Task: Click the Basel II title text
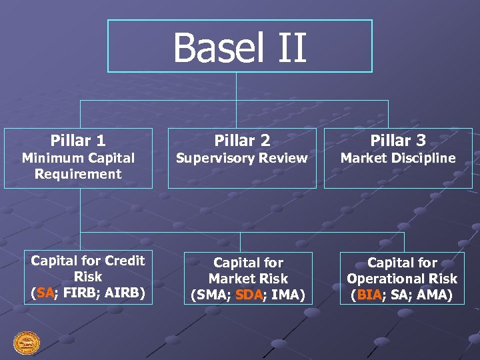pyautogui.click(x=239, y=47)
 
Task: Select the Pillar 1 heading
pyautogui.click(x=78, y=141)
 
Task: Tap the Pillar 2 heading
pyautogui.click(x=242, y=141)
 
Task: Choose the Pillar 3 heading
pyautogui.click(x=398, y=141)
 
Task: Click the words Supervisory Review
pyautogui.click(x=242, y=159)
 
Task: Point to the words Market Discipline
pyautogui.click(x=398, y=159)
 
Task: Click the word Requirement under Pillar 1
pyautogui.click(x=78, y=175)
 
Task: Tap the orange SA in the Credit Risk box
pyautogui.click(x=45, y=292)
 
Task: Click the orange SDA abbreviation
pyautogui.click(x=249, y=295)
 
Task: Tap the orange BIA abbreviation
pyautogui.click(x=369, y=295)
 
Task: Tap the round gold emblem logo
pyautogui.click(x=27, y=343)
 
